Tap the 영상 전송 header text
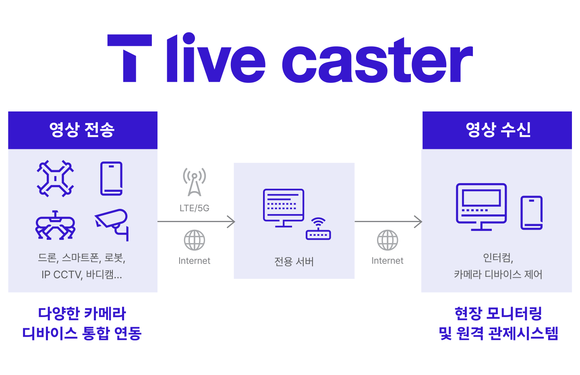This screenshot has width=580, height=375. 82,130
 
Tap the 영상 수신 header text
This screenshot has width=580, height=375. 498,130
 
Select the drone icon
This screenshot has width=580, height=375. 55,178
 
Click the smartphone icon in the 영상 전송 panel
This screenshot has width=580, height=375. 112,178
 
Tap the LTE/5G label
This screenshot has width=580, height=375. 195,208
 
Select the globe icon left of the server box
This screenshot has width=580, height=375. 195,240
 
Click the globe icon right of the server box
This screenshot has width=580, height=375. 387,240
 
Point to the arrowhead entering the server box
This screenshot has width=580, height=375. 231,221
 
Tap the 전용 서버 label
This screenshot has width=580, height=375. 294,262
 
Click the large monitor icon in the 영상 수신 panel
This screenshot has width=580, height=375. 481,206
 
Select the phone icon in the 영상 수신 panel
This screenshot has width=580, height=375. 532,212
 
